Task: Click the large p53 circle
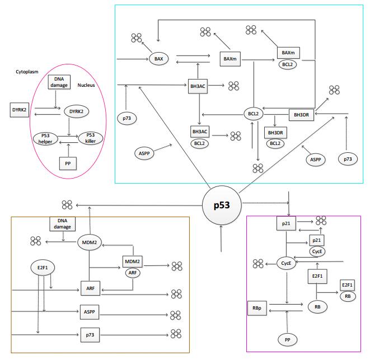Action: click(x=222, y=205)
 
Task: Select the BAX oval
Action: click(x=158, y=58)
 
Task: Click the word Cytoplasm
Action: click(x=27, y=72)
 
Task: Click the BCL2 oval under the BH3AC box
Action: click(x=200, y=143)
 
